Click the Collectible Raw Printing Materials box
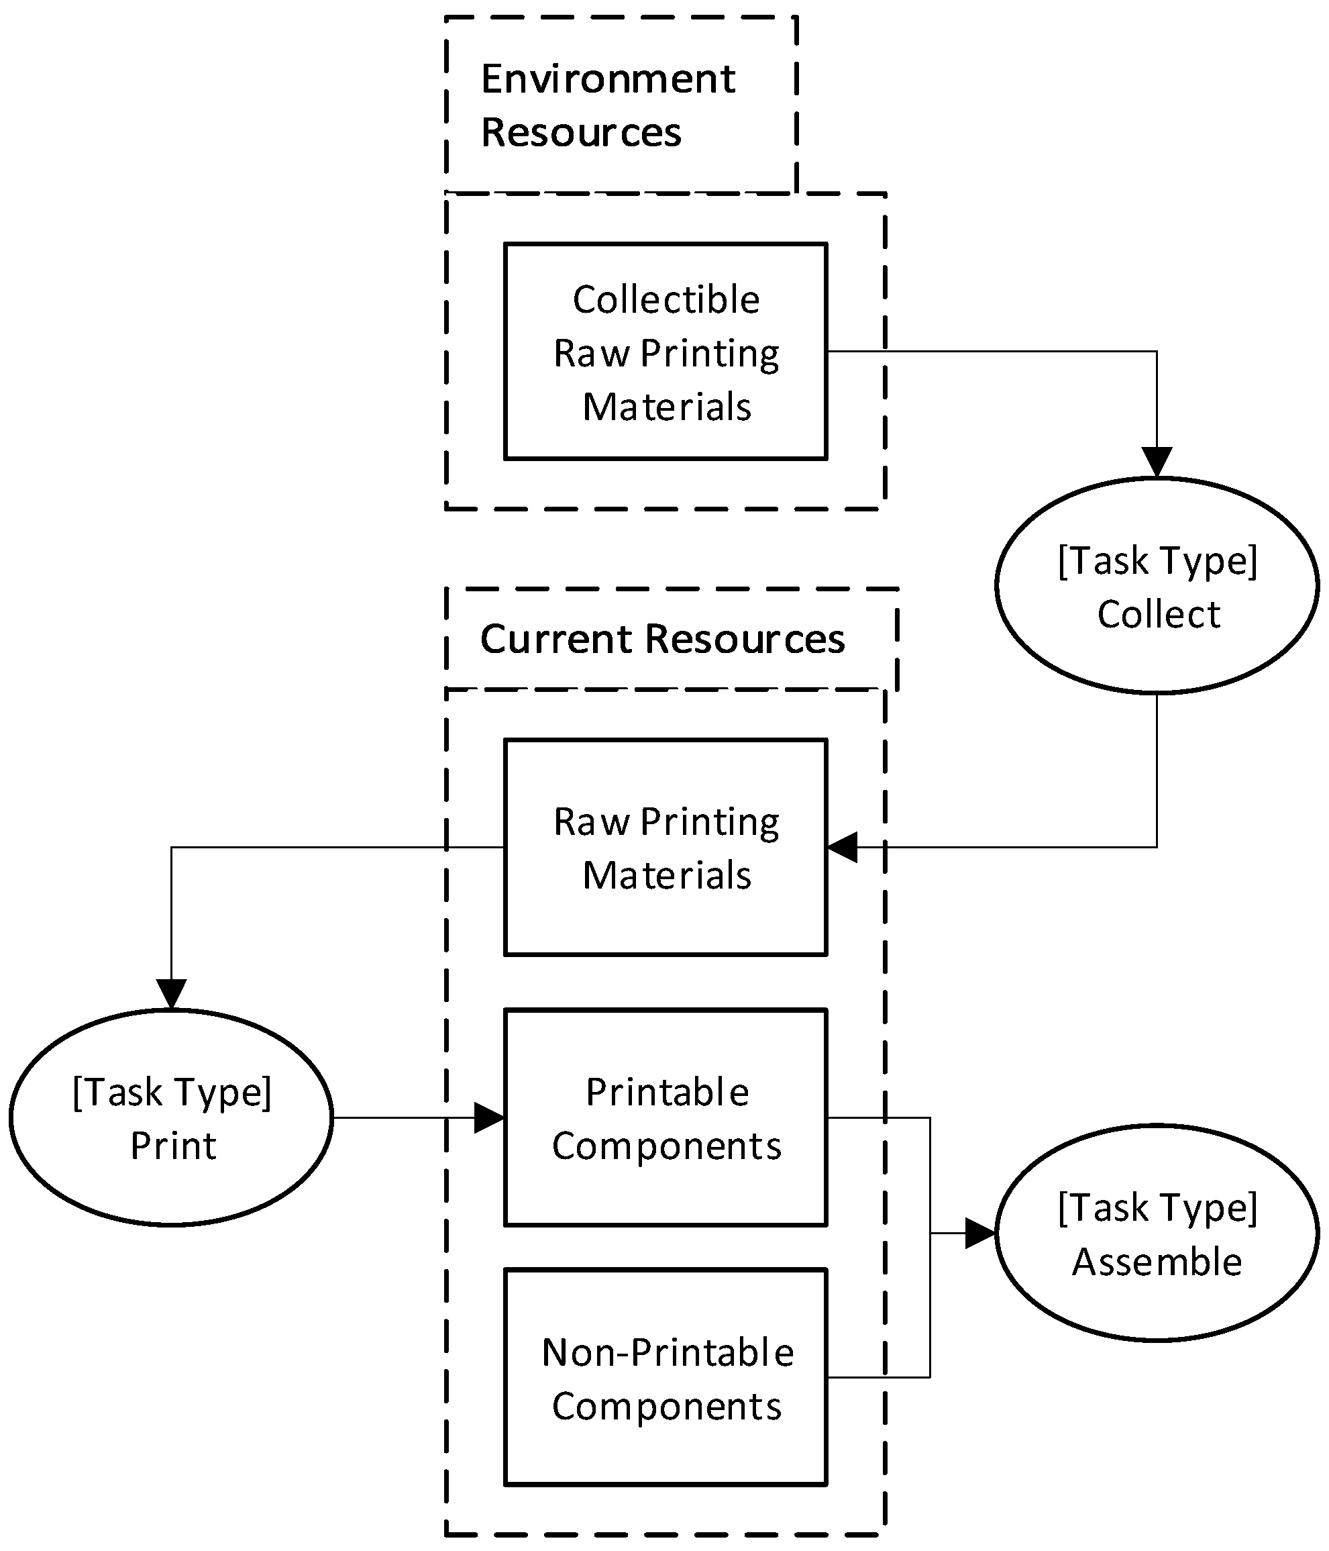coord(666,351)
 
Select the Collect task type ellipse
coord(1157,585)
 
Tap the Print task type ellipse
coord(171,1117)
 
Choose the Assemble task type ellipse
coord(1157,1233)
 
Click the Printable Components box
coord(666,1117)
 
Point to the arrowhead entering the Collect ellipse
coord(1157,462)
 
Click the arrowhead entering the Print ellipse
coord(171,994)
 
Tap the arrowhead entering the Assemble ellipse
coord(979,1233)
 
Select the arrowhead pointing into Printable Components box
coord(489,1117)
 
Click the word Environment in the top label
coord(608,79)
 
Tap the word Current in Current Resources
coord(557,640)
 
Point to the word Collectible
coord(666,299)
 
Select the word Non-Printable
coord(668,1352)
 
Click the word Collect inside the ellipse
coord(1159,614)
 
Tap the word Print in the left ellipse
coord(173,1145)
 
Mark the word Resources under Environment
coord(581,132)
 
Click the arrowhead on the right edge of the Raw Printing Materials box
coord(843,848)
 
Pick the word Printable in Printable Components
coord(668,1092)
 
